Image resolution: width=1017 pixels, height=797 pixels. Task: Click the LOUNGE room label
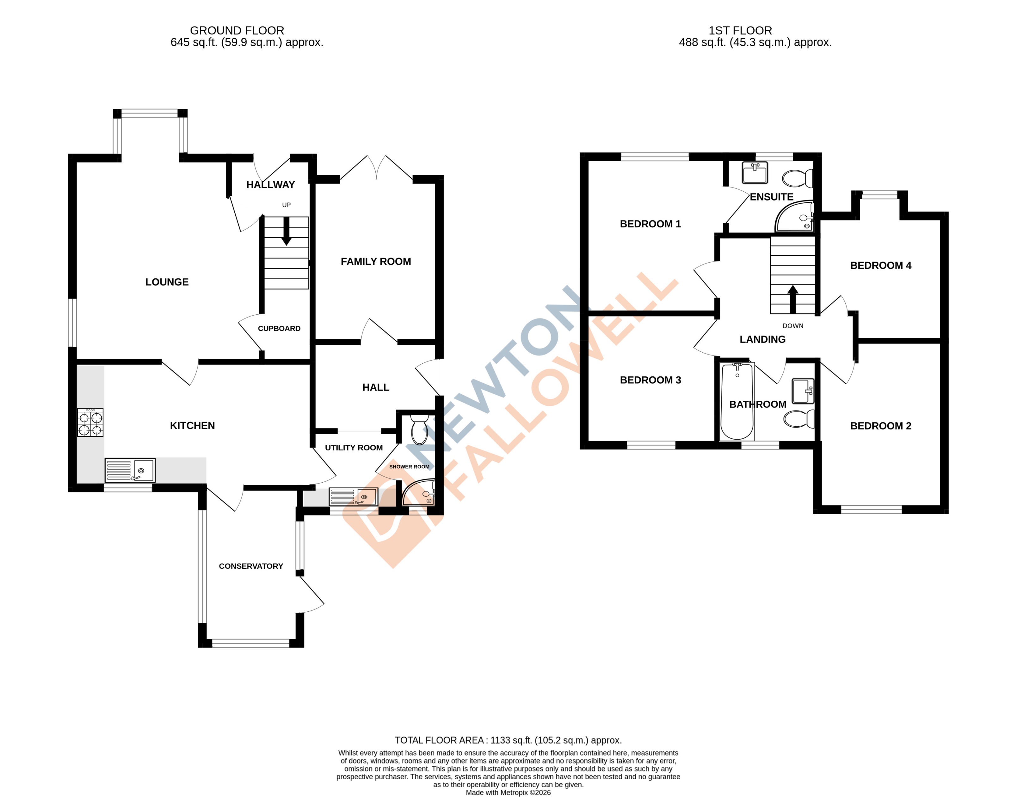tap(167, 282)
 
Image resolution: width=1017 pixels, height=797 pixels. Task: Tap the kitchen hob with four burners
tap(90, 422)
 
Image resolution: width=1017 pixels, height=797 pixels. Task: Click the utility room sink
tap(353, 497)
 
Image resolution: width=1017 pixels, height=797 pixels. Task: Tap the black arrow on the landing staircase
tap(792, 299)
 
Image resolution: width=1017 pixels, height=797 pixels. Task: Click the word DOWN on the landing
tap(792, 326)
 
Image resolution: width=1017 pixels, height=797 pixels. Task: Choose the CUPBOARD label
tap(279, 329)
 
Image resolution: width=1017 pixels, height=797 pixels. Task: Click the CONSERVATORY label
tap(251, 566)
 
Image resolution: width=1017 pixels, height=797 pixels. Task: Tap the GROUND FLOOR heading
tap(237, 30)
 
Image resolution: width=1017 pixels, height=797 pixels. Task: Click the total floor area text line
tap(508, 740)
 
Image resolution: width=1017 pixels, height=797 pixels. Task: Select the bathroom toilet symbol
tap(799, 418)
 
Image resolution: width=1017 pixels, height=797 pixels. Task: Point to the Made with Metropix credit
tap(508, 792)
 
